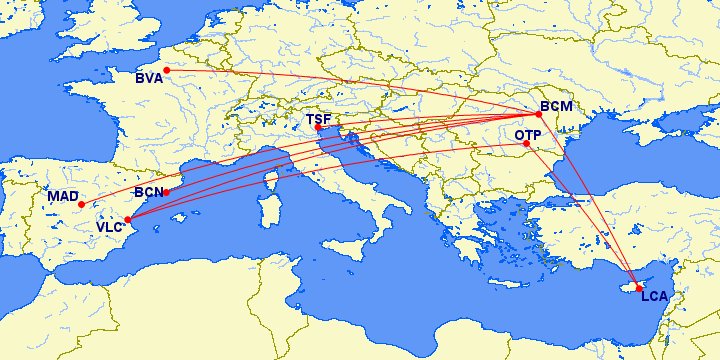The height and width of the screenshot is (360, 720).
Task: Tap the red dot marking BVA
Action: point(167,70)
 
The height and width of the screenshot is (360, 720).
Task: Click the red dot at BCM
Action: point(539,114)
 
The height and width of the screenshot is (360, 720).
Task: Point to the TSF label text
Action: point(318,120)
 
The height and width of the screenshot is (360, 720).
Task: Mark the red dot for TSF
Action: point(318,128)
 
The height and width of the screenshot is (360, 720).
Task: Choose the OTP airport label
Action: point(528,135)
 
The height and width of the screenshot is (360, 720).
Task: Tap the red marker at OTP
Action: point(527,144)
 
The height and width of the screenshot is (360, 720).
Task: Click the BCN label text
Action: point(148,191)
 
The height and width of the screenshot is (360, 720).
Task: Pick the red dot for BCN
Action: point(166,192)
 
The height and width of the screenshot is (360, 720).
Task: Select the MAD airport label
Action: point(62,196)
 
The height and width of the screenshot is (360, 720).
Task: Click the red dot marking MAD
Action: point(81,204)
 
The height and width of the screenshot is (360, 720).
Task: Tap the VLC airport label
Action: point(110,228)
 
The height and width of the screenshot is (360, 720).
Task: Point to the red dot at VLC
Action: point(128,219)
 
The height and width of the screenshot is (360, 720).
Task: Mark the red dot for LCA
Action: point(639,288)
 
